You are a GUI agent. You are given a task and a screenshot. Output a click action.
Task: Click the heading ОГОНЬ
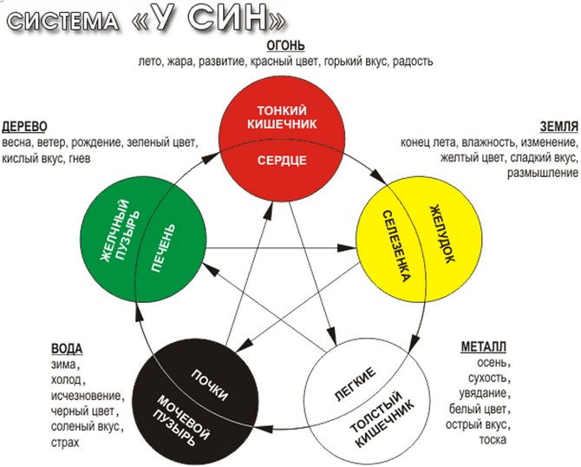click(286, 45)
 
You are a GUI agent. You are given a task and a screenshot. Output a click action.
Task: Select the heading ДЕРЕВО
click(24, 125)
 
